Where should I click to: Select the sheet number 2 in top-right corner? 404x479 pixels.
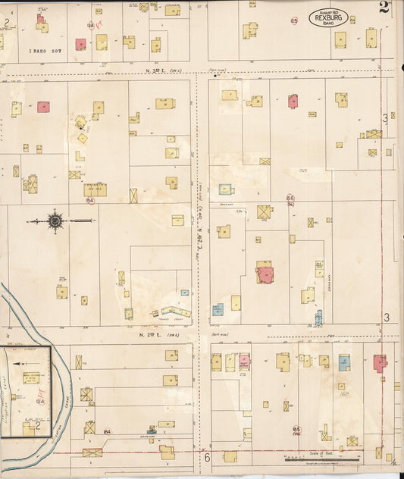coord(384,9)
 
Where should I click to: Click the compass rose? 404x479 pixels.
coord(55,221)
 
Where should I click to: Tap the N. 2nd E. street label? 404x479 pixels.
coord(155,333)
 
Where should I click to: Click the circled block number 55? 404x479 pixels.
coord(290,198)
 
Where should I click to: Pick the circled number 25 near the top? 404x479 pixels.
coord(294,20)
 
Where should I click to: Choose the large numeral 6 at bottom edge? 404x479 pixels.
coord(206,458)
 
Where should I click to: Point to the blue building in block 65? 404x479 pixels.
coord(344,362)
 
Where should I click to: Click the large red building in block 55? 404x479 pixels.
coord(265,272)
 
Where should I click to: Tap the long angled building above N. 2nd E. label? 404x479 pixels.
coord(169,312)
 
